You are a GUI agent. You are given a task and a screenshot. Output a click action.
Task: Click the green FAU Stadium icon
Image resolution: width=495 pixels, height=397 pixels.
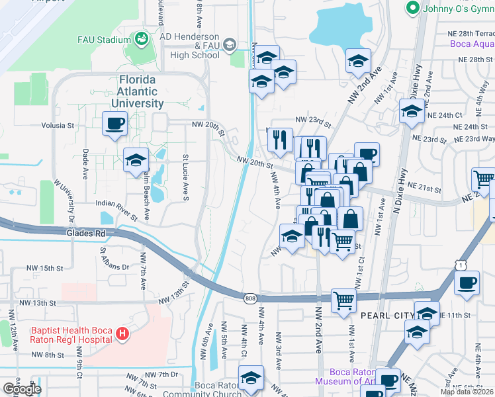[141, 40]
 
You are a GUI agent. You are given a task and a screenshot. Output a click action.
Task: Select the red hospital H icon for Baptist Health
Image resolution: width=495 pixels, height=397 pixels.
[122, 335]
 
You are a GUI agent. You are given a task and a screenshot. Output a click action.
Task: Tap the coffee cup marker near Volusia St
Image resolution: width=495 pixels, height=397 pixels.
[114, 123]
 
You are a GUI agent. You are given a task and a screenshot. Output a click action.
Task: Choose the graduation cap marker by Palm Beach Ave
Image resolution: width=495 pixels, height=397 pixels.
[136, 159]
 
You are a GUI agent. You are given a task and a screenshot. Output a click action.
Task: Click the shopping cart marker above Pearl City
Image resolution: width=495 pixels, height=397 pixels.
[343, 300]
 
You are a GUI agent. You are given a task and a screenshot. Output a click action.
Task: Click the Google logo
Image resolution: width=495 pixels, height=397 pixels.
[22, 388]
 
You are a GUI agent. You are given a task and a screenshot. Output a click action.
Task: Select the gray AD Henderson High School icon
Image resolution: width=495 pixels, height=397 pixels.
[230, 44]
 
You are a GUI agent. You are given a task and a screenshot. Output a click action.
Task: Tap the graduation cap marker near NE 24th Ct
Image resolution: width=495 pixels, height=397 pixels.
[411, 111]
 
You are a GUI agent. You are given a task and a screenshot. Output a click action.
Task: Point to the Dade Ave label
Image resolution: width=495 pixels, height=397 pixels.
[85, 165]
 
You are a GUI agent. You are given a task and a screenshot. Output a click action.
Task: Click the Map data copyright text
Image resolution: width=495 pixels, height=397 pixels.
[467, 392]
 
